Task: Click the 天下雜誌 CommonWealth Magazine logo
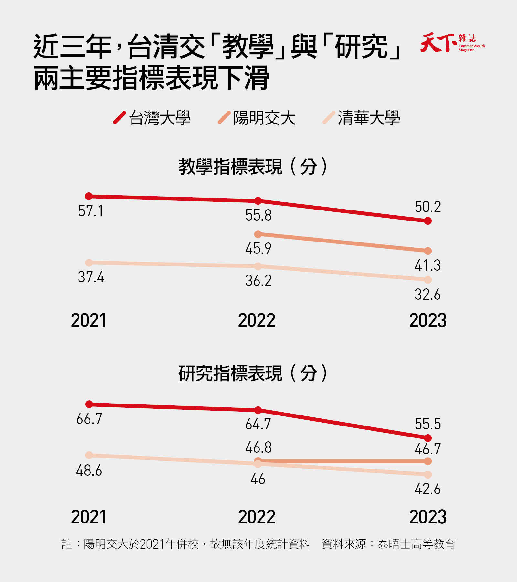pyautogui.click(x=452, y=42)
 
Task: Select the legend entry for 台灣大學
pyautogui.click(x=152, y=118)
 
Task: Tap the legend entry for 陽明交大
pyautogui.click(x=257, y=118)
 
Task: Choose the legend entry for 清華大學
pyautogui.click(x=362, y=118)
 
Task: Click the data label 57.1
pyautogui.click(x=90, y=211)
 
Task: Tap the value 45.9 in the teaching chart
pyautogui.click(x=258, y=249)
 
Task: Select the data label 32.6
pyautogui.click(x=427, y=295)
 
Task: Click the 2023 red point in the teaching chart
pyautogui.click(x=428, y=221)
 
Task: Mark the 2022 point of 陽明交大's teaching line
pyautogui.click(x=258, y=234)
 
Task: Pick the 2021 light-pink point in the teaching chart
pyautogui.click(x=89, y=263)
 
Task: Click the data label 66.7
pyautogui.click(x=89, y=419)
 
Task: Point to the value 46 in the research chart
pyautogui.click(x=258, y=479)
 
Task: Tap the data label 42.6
pyautogui.click(x=427, y=489)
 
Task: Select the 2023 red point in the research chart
pyautogui.click(x=428, y=438)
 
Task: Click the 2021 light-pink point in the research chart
pyautogui.click(x=89, y=455)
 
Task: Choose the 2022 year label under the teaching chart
pyautogui.click(x=257, y=320)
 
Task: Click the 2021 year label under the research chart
pyautogui.click(x=89, y=517)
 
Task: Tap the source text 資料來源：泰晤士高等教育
pyautogui.click(x=388, y=544)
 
